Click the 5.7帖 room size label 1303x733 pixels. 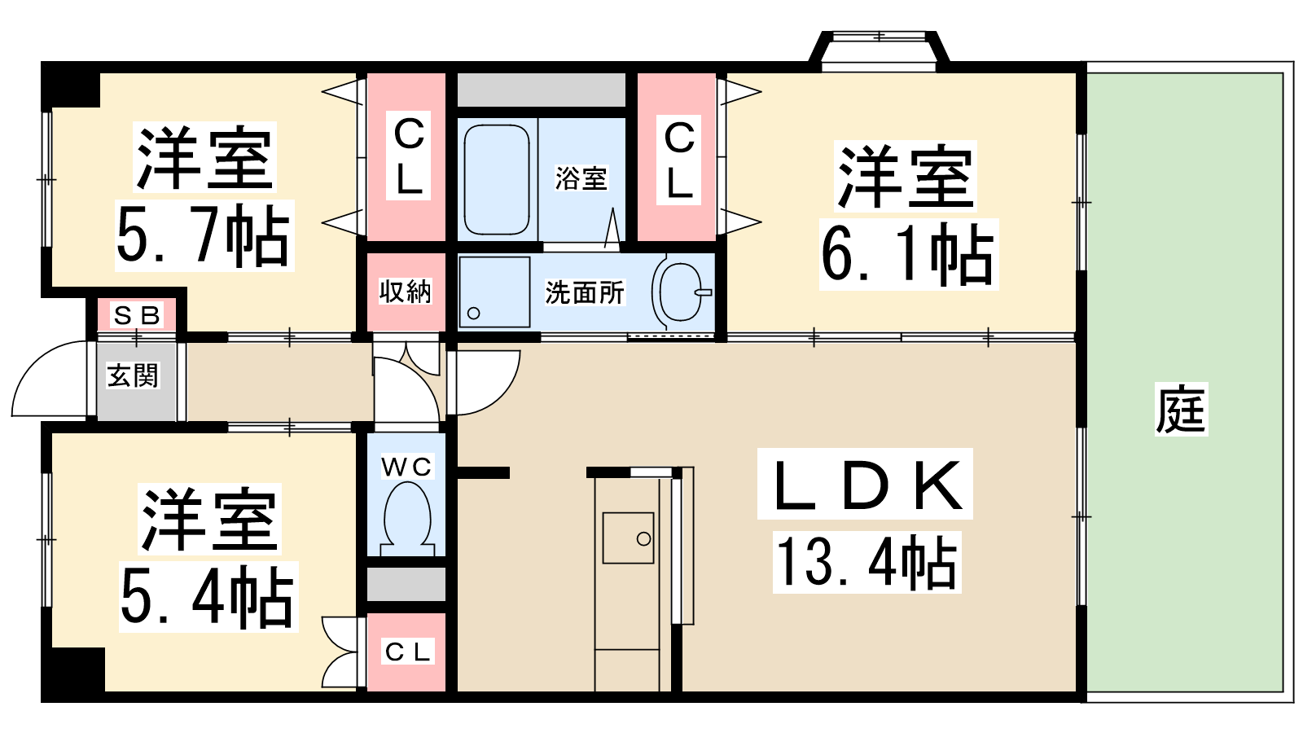pyautogui.click(x=203, y=235)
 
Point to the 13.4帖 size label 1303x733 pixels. pyautogui.click(x=866, y=562)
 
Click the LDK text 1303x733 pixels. pyautogui.click(x=865, y=484)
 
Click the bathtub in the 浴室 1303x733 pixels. pyautogui.click(x=497, y=180)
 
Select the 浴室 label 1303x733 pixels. pyautogui.click(x=581, y=178)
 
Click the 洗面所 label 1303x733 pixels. pyautogui.click(x=585, y=292)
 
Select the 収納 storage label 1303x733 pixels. pyautogui.click(x=406, y=291)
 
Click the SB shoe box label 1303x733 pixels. pyautogui.click(x=137, y=315)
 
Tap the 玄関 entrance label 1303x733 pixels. pyautogui.click(x=133, y=375)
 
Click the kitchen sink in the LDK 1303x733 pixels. pyautogui.click(x=628, y=538)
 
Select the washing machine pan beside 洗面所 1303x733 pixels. pyautogui.click(x=494, y=292)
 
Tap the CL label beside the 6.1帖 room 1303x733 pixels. pyautogui.click(x=679, y=159)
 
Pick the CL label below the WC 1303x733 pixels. pyautogui.click(x=407, y=652)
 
